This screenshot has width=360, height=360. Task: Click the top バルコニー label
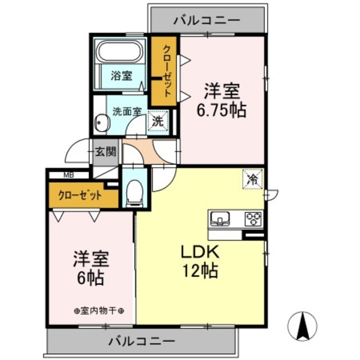click(x=206, y=21)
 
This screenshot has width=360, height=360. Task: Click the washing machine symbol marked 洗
click(x=158, y=120)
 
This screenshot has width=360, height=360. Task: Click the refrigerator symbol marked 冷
click(x=252, y=179)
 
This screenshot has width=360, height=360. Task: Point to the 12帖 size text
click(x=191, y=272)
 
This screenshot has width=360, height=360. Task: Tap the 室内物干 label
click(x=99, y=310)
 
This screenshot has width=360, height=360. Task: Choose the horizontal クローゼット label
click(x=82, y=196)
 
